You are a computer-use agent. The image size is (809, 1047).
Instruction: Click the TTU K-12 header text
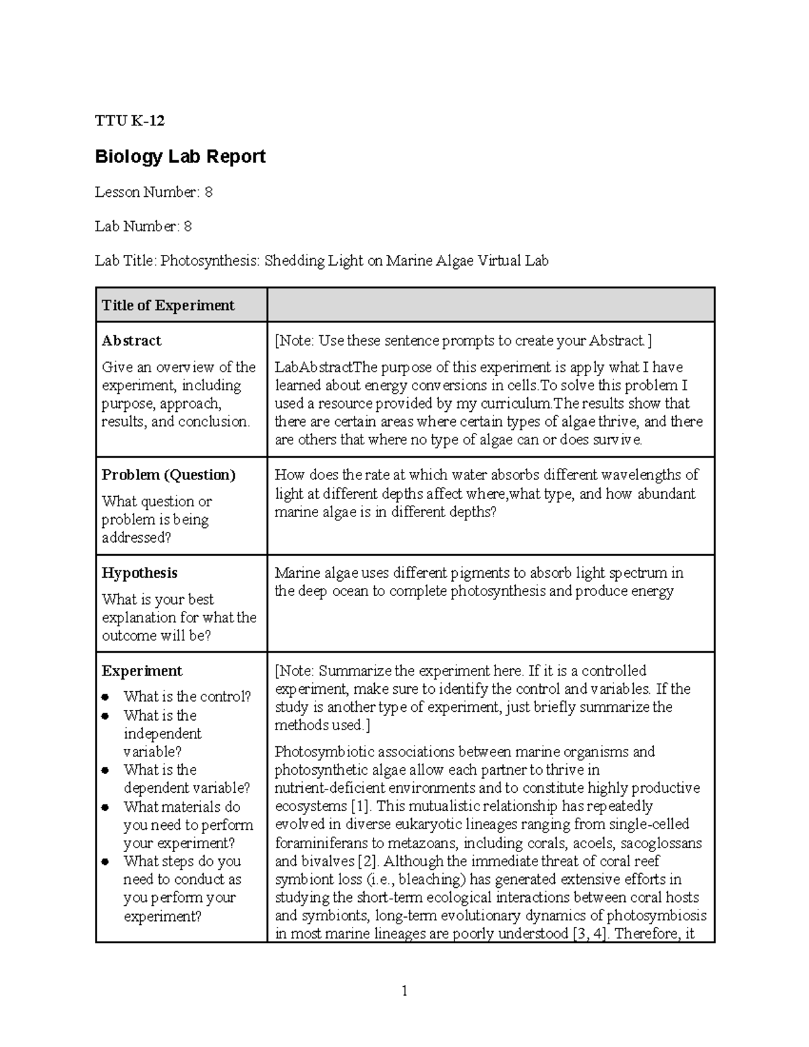129,121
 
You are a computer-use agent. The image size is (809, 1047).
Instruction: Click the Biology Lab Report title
180,156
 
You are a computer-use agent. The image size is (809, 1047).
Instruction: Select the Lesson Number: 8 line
154,192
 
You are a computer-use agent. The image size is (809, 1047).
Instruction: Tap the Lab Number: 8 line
143,227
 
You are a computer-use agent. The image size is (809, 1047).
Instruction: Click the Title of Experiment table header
168,305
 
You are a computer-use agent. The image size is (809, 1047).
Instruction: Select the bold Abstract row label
131,340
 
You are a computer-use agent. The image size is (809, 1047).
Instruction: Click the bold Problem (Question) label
169,475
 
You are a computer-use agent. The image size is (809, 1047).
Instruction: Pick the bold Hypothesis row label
140,573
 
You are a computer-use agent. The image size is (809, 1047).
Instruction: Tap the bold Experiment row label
142,671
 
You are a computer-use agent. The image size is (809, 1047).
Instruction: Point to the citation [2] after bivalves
368,861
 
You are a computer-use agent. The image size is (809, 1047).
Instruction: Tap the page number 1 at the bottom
404,990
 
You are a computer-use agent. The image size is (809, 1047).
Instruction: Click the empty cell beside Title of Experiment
490,305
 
